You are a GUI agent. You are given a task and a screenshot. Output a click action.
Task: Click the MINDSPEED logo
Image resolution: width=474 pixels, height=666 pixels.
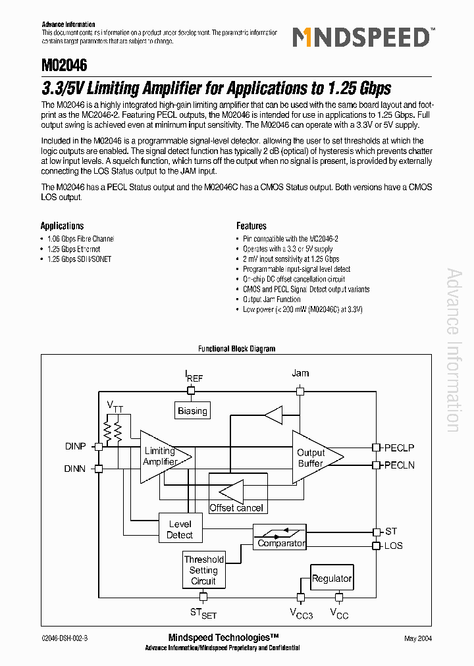(361, 38)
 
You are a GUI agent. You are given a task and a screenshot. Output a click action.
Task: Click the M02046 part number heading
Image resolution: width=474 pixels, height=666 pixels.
(64, 66)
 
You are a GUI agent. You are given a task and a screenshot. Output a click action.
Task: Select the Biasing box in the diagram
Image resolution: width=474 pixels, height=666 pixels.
(192, 411)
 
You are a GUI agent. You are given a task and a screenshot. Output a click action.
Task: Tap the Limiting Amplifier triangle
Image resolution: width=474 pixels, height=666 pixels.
(161, 455)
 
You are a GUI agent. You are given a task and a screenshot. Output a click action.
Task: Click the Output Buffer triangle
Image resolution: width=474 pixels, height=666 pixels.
(313, 457)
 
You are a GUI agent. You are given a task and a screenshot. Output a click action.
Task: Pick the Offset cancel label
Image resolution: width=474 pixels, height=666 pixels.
(236, 507)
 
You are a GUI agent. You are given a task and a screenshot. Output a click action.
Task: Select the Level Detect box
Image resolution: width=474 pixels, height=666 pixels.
(179, 530)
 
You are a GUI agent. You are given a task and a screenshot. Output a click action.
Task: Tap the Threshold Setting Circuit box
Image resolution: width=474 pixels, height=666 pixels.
(203, 570)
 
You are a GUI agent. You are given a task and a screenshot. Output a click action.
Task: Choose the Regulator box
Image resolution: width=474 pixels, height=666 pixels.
(331, 578)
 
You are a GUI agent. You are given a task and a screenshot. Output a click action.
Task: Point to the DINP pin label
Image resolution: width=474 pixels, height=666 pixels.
(75, 446)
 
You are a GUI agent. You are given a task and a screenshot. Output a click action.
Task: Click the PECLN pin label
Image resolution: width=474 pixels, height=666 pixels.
(399, 465)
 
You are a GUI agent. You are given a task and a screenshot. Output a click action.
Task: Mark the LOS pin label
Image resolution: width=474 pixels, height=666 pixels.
(393, 546)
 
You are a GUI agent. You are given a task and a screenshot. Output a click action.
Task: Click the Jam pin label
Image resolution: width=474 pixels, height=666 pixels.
(300, 373)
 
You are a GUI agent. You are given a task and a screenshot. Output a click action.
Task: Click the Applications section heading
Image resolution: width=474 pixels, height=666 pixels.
(63, 226)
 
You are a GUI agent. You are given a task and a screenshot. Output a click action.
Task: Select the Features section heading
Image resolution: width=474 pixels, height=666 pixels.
(251, 226)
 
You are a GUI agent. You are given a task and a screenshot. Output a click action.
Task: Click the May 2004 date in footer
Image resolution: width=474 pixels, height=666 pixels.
(418, 638)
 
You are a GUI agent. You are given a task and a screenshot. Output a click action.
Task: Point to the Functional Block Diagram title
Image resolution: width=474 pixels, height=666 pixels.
(237, 349)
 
